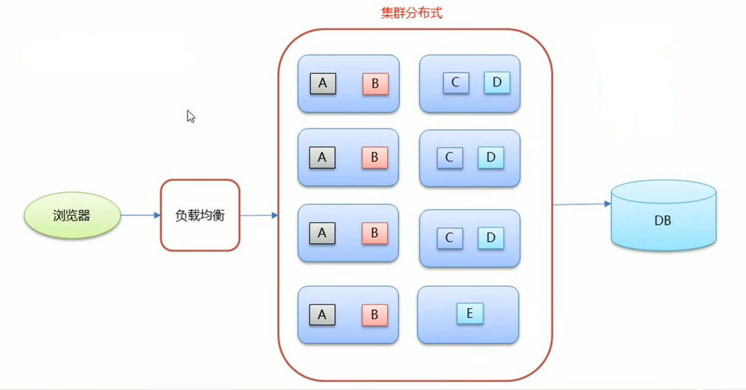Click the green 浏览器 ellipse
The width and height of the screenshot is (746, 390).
click(x=72, y=215)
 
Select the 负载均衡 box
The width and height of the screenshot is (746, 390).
click(x=200, y=215)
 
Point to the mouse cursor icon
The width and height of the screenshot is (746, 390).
click(x=190, y=116)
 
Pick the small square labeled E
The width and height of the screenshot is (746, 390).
click(x=469, y=313)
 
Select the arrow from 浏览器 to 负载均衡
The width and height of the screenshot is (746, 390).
click(x=140, y=215)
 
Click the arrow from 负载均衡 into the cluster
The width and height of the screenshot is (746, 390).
click(x=259, y=215)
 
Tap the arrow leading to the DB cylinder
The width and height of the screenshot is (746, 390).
click(x=582, y=204)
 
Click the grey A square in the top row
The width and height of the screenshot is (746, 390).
click(x=323, y=83)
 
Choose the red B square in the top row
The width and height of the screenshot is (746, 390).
click(x=375, y=84)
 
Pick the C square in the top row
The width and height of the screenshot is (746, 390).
click(x=456, y=82)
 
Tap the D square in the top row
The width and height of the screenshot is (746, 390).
click(x=497, y=82)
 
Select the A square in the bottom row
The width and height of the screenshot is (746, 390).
click(x=322, y=315)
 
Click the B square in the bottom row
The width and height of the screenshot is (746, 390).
click(x=374, y=315)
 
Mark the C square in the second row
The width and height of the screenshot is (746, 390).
click(x=450, y=158)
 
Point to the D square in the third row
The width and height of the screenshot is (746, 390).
click(x=490, y=238)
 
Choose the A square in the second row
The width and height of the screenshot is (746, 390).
click(x=322, y=158)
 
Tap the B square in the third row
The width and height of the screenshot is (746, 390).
click(x=374, y=233)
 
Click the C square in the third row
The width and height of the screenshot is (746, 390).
click(x=450, y=238)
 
